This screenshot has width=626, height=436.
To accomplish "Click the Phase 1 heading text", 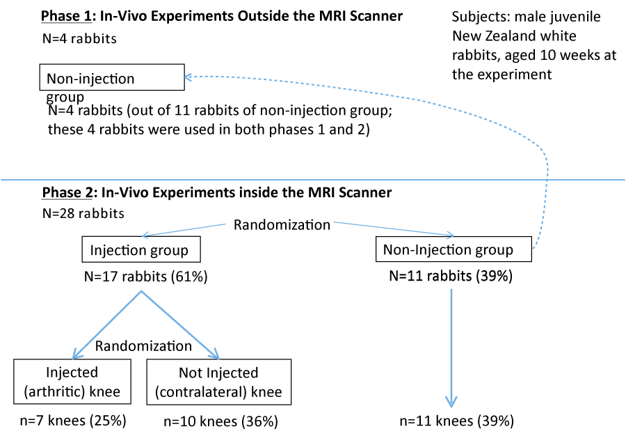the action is (x=222, y=17).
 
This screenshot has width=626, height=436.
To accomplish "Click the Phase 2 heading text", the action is (x=217, y=192).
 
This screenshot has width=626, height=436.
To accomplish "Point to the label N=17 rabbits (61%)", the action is (x=146, y=277).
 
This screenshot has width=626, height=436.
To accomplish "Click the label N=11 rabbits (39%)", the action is (x=451, y=276).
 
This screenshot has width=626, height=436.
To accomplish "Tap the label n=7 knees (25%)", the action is (x=73, y=421).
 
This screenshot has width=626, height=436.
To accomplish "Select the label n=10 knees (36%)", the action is (x=220, y=421).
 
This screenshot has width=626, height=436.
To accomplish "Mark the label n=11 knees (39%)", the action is (x=457, y=421).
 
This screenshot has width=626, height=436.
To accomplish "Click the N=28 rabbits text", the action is (x=83, y=213).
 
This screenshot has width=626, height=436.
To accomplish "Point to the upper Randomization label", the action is (x=282, y=224).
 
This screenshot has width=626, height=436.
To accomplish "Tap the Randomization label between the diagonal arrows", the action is (x=143, y=345).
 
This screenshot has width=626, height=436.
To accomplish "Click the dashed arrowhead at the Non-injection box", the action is (x=188, y=77).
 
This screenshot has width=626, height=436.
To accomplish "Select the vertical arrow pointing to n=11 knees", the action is (x=451, y=348).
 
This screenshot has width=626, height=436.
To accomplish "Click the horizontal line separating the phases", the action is (x=313, y=180).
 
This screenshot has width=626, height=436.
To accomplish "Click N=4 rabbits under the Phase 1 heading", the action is (x=79, y=39).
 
